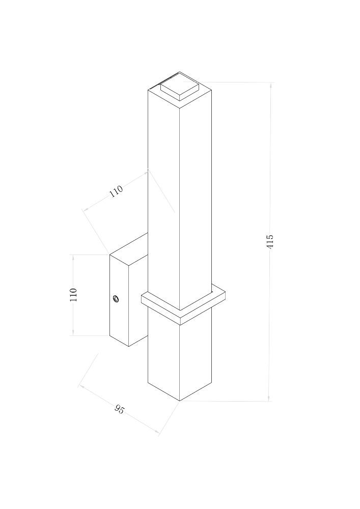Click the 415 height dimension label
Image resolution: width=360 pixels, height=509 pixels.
270,241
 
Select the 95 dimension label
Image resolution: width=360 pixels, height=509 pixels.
119,409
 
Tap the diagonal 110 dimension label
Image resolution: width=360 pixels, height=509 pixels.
116,191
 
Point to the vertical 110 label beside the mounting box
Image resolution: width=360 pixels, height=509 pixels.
73,295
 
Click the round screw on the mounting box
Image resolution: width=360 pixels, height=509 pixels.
115,298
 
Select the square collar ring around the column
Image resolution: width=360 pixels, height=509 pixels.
183,304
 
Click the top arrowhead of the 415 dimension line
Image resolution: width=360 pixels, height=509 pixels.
269,85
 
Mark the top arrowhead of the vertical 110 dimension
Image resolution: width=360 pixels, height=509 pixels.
73,258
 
